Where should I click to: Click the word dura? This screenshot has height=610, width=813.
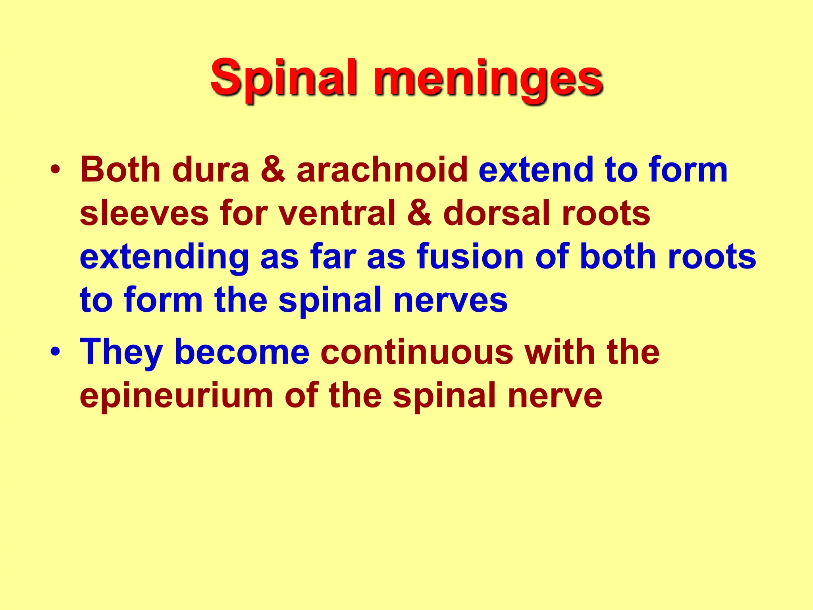(x=210, y=170)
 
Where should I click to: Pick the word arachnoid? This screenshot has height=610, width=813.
(x=382, y=170)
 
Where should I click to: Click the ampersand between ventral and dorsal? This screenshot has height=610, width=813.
(x=420, y=213)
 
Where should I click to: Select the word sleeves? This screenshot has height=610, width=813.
(x=144, y=213)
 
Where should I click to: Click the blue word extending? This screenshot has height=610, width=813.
(x=164, y=257)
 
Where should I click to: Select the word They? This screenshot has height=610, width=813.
(x=121, y=352)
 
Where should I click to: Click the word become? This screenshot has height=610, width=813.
(x=242, y=352)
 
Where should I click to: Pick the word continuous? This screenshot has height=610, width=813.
(x=417, y=352)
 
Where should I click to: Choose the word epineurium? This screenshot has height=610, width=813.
(x=176, y=396)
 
